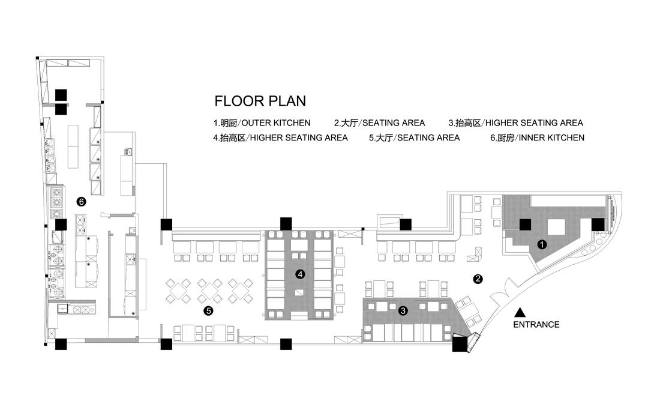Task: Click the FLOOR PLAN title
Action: (x=260, y=100)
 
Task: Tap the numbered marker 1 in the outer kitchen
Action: (x=541, y=244)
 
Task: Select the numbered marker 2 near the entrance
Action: (x=478, y=279)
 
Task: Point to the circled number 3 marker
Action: (x=403, y=310)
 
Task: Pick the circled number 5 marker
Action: (x=208, y=310)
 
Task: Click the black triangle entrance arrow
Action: (x=520, y=312)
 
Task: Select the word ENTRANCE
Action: (x=536, y=325)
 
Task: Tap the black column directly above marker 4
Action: (x=286, y=224)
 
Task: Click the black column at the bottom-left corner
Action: (x=61, y=345)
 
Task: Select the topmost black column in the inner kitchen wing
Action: (x=61, y=94)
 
